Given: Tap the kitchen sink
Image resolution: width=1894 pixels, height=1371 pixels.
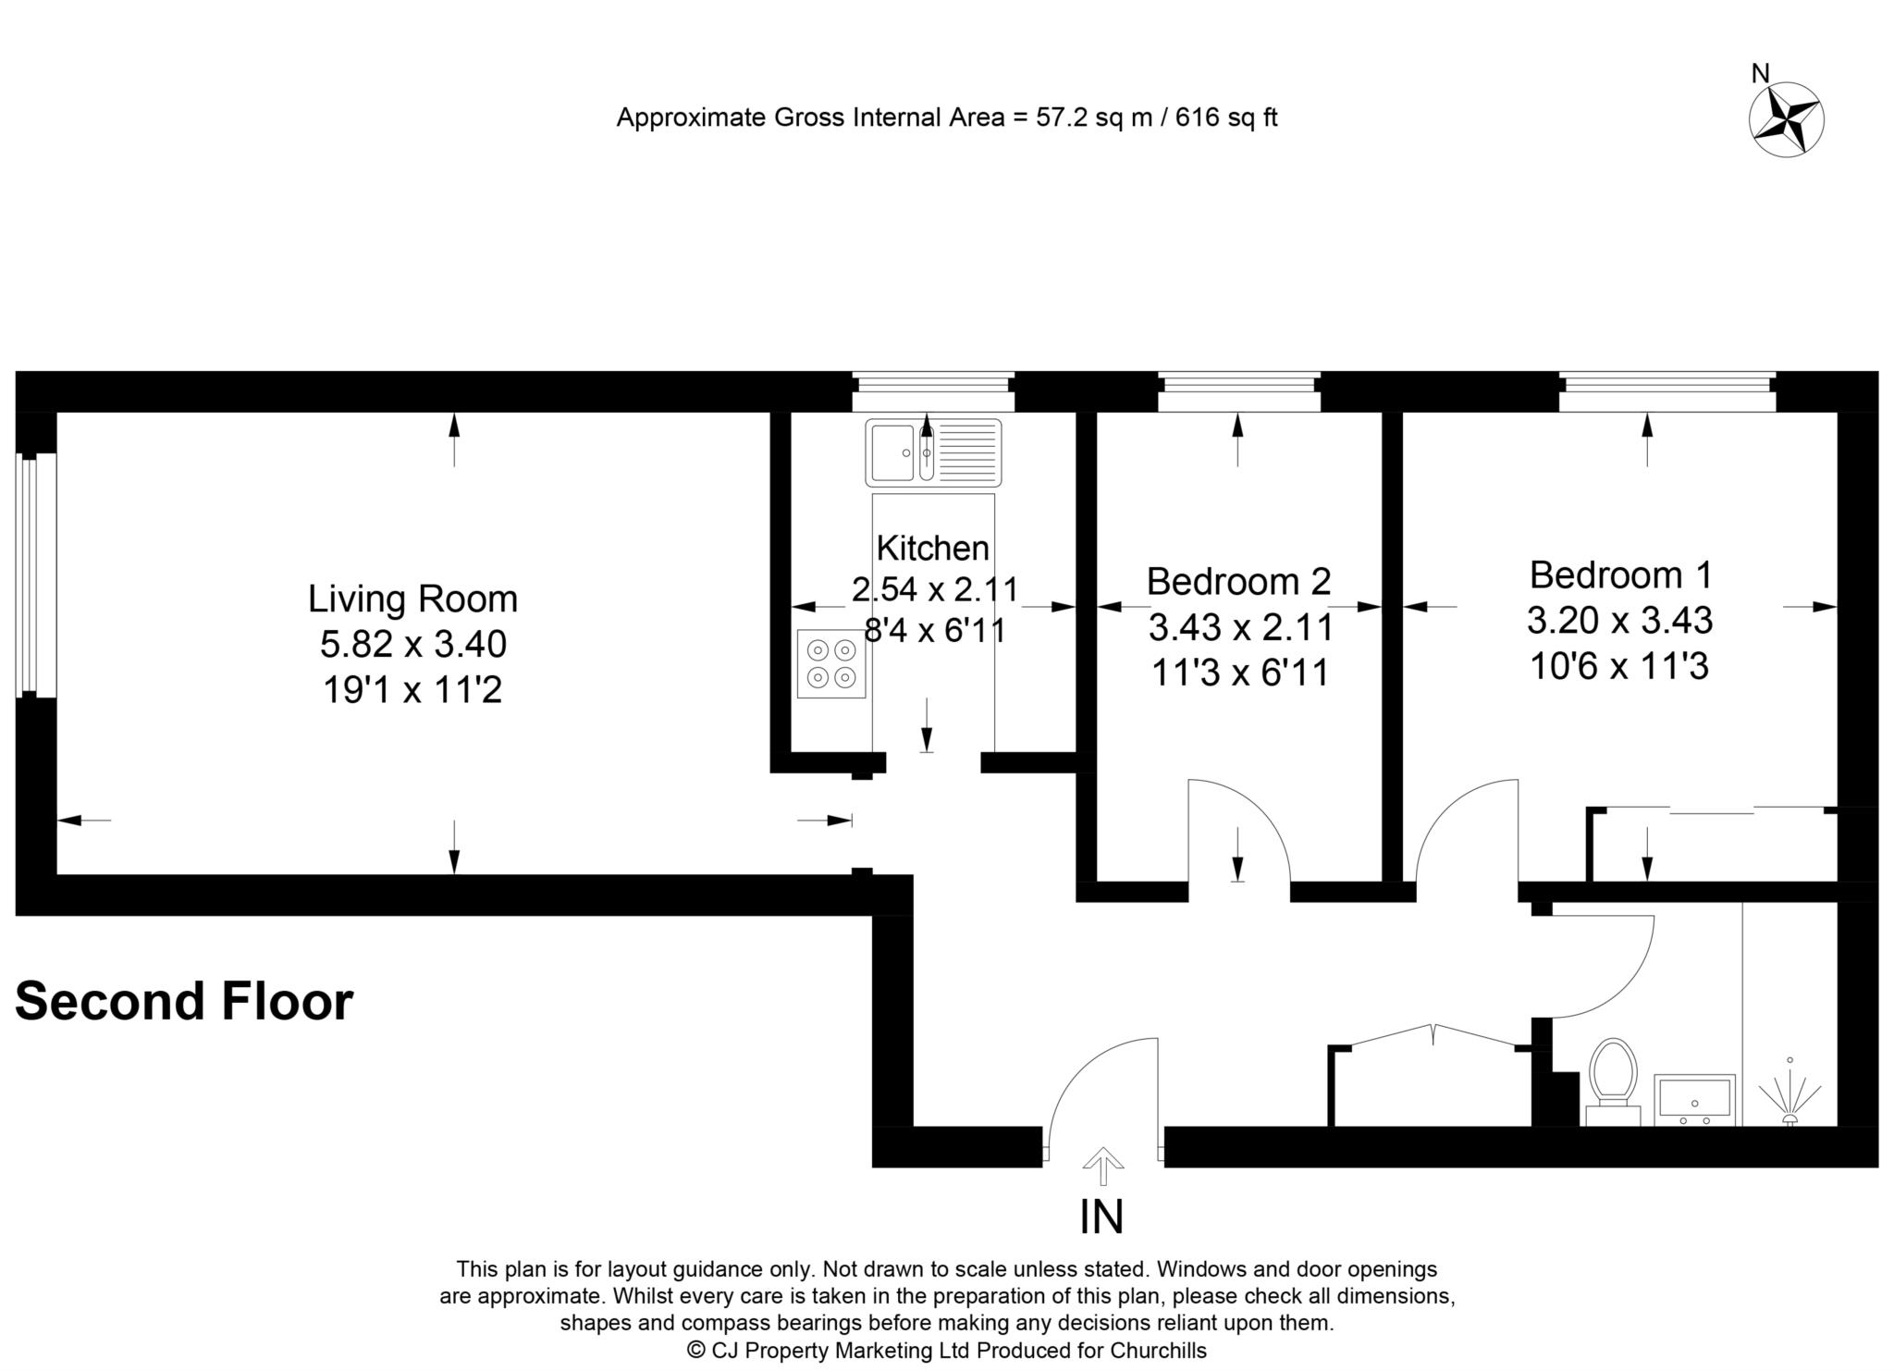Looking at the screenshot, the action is pyautogui.click(x=933, y=452).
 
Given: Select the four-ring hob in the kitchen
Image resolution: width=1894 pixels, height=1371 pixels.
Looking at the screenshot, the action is pyautogui.click(x=831, y=663).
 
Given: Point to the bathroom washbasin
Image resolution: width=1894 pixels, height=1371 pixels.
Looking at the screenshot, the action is pyautogui.click(x=1693, y=1100).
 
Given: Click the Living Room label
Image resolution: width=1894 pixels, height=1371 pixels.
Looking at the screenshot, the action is pyautogui.click(x=412, y=599).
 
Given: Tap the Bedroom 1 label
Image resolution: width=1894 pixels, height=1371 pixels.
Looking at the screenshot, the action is pyautogui.click(x=1620, y=574).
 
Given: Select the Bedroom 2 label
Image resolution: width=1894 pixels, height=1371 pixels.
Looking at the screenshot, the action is pyautogui.click(x=1238, y=581).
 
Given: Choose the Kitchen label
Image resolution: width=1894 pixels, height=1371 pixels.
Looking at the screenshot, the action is pyautogui.click(x=932, y=548).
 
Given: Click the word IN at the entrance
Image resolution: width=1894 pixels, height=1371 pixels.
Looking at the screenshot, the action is pyautogui.click(x=1101, y=1217).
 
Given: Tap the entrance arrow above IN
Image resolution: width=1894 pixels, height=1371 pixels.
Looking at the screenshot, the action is pyautogui.click(x=1101, y=1166).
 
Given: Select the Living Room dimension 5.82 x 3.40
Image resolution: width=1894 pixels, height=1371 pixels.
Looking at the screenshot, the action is pyautogui.click(x=412, y=644).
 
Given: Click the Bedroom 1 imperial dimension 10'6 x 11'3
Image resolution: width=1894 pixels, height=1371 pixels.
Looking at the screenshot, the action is pyautogui.click(x=1619, y=665).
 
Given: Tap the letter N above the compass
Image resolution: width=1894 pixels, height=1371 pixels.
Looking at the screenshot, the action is pyautogui.click(x=1761, y=73).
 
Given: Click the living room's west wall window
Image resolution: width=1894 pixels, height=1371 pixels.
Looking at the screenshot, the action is pyautogui.click(x=36, y=575).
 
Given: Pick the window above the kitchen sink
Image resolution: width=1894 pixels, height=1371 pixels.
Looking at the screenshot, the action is pyautogui.click(x=933, y=392).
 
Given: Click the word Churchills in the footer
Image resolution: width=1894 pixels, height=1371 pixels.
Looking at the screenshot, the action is pyautogui.click(x=1160, y=1351).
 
